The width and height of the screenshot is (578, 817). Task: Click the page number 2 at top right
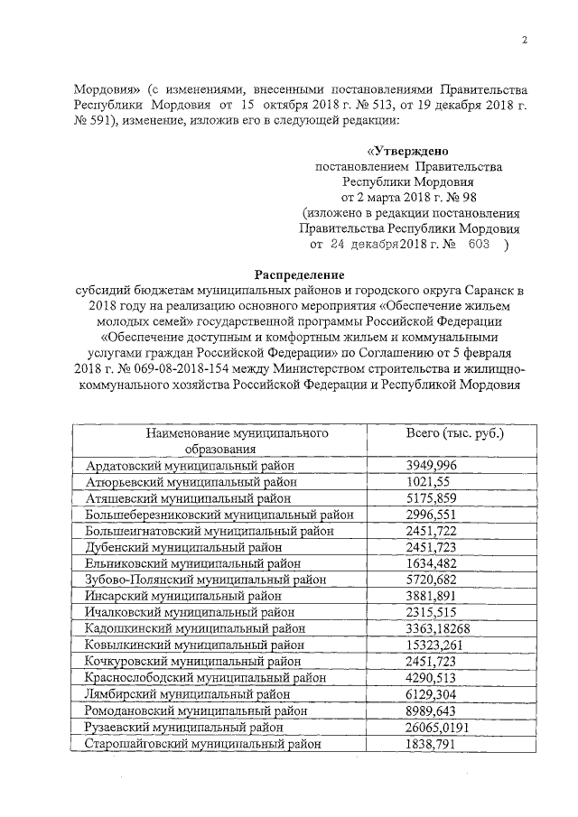(x=524, y=39)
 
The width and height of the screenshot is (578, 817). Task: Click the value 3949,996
(x=432, y=465)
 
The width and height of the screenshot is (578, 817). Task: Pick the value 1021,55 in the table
(x=426, y=481)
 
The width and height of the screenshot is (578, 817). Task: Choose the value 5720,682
(x=432, y=580)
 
